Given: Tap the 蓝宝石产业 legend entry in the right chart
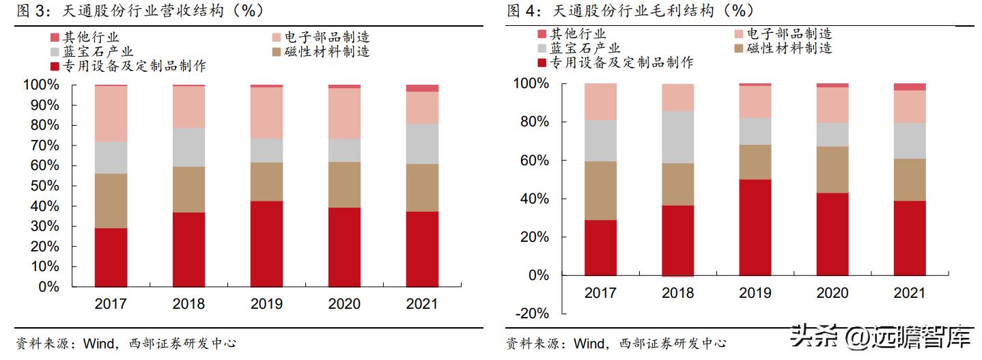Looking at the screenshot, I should click(585, 48).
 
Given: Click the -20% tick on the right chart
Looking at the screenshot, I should click(533, 314).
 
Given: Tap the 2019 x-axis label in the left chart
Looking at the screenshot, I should click(266, 304).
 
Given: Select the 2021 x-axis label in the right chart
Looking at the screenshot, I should click(910, 293).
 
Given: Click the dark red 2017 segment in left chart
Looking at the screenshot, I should click(111, 257).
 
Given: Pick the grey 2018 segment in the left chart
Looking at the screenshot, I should click(188, 147).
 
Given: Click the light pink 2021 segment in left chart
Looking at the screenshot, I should click(422, 107).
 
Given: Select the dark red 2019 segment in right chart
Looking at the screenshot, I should click(755, 227).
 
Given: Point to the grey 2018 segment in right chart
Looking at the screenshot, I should click(677, 137).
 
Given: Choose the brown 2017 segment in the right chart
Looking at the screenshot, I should click(600, 191).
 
